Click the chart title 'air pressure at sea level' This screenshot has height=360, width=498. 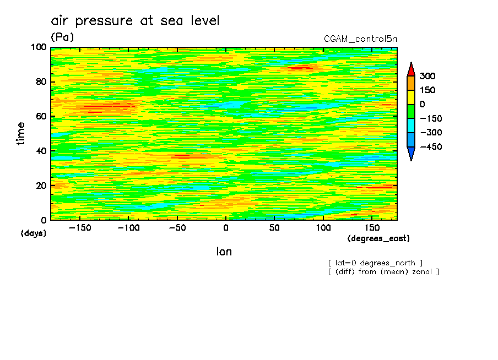[x=135, y=21]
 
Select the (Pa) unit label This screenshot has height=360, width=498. [x=62, y=37]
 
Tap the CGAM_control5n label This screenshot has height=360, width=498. [x=360, y=39]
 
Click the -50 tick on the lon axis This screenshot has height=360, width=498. [x=177, y=227]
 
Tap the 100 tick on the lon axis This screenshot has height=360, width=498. [x=323, y=227]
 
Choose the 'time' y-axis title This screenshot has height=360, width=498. [x=21, y=134]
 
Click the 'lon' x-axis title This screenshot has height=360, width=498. [x=224, y=252]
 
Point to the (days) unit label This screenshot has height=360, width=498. [x=34, y=233]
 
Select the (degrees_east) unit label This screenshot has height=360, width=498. [x=378, y=238]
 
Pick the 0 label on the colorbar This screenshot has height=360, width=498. [x=422, y=105]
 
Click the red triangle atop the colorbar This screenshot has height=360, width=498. [x=410, y=69]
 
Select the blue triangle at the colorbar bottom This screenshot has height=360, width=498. [x=410, y=154]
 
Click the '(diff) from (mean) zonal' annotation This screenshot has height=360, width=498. [x=383, y=271]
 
